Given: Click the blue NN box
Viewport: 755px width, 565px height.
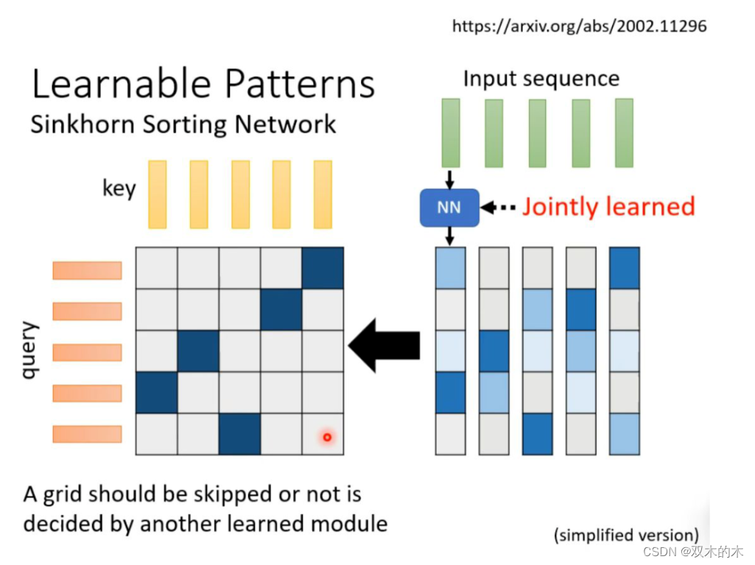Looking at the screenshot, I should coord(449,207).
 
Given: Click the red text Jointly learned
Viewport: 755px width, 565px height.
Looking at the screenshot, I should coord(608,206).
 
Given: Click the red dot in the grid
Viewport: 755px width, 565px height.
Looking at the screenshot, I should coord(327,438).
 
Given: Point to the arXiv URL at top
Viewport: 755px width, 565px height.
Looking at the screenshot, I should coord(579,27).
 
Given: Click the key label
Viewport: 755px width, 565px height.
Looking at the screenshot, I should coord(119,189).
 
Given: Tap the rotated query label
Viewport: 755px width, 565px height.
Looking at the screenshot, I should coord(29,351).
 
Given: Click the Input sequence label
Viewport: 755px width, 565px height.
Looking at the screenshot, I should coord(541,79).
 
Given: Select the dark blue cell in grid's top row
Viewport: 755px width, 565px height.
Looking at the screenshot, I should coord(323,267).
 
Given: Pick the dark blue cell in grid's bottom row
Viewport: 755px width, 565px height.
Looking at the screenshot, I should coord(239,433).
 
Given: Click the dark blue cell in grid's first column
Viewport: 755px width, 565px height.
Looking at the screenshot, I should coord(156,392).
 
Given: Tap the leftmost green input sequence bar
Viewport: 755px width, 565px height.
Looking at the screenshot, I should coord(450,133).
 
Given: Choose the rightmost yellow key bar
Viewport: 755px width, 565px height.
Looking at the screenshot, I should coord(323,194).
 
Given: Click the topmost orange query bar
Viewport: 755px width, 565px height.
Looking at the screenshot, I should coord(87,270).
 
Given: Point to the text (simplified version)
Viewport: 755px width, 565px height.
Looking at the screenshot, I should coord(626,535).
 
